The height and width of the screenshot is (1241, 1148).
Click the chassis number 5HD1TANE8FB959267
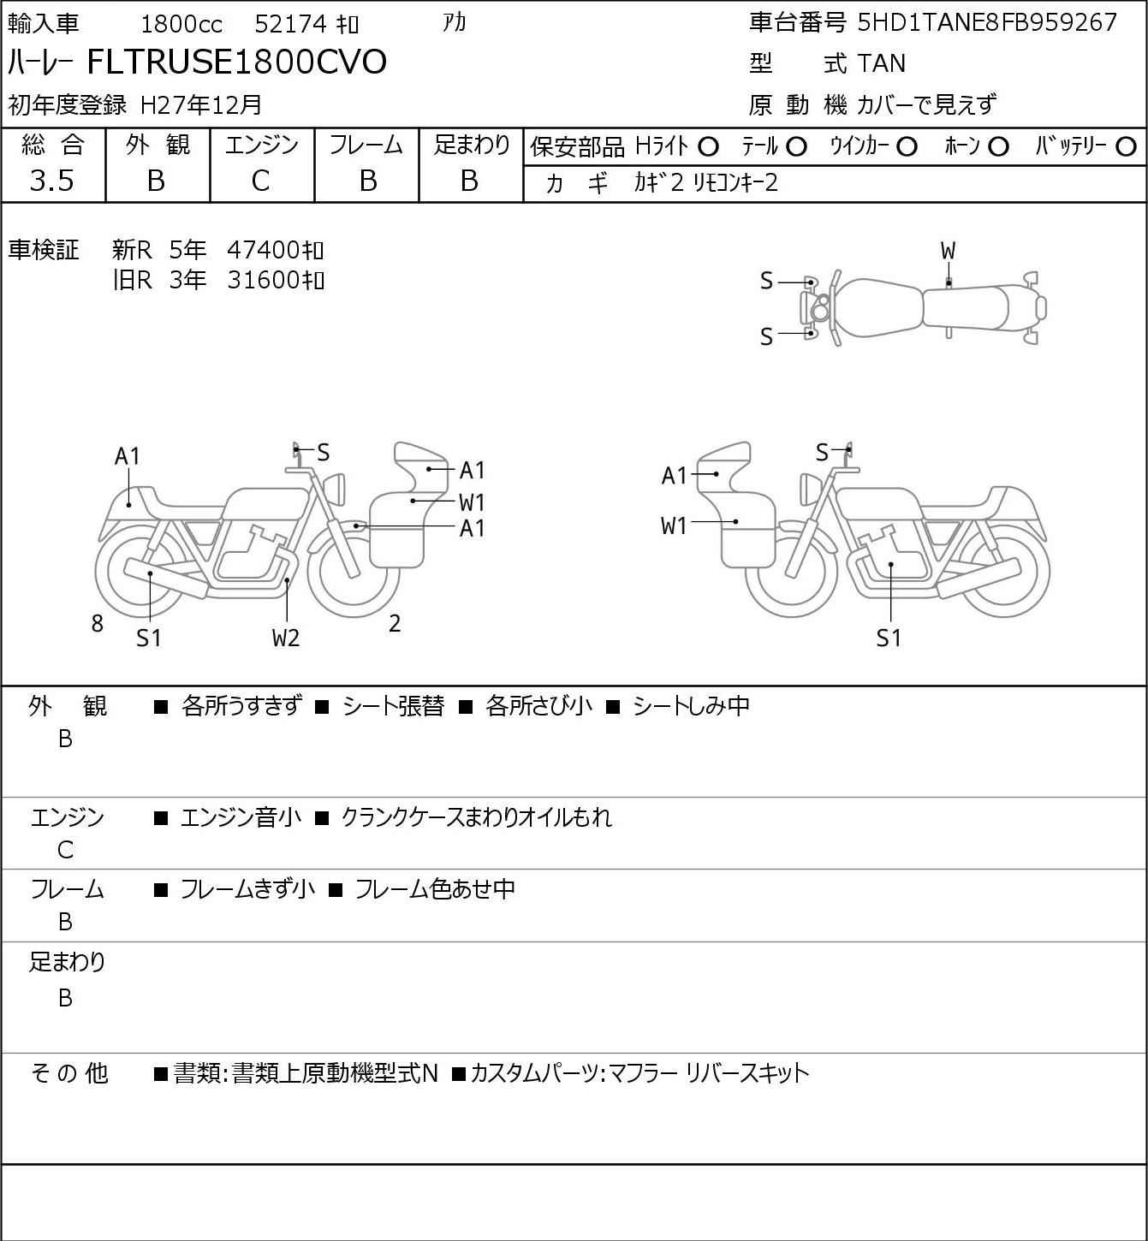pyautogui.click(x=987, y=22)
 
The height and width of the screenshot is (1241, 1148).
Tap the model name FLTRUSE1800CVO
pyautogui.click(x=237, y=62)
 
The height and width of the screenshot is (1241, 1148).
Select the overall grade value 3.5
pyautogui.click(x=51, y=181)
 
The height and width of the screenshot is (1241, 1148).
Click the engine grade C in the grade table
pyautogui.click(x=261, y=181)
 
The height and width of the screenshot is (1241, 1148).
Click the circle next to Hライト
pyautogui.click(x=708, y=147)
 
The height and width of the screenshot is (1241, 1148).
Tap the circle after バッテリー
pyautogui.click(x=1127, y=147)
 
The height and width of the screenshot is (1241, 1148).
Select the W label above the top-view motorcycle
pyautogui.click(x=948, y=251)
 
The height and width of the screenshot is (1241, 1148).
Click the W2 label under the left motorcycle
pyautogui.click(x=286, y=638)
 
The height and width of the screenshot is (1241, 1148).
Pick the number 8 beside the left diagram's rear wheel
pyautogui.click(x=98, y=624)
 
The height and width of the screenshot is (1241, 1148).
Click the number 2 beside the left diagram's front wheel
pyautogui.click(x=395, y=624)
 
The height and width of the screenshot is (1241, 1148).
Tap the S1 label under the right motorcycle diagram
pyautogui.click(x=889, y=638)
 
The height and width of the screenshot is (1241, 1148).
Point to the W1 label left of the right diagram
pyautogui.click(x=675, y=525)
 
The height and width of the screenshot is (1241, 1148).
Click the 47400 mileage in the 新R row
pyautogui.click(x=264, y=250)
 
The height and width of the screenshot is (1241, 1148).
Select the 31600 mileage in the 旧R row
pyautogui.click(x=264, y=280)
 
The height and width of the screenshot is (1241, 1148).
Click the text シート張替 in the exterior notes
pyautogui.click(x=393, y=706)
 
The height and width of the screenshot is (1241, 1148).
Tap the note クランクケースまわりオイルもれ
pyautogui.click(x=476, y=817)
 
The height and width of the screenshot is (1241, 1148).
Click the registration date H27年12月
pyautogui.click(x=201, y=104)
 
